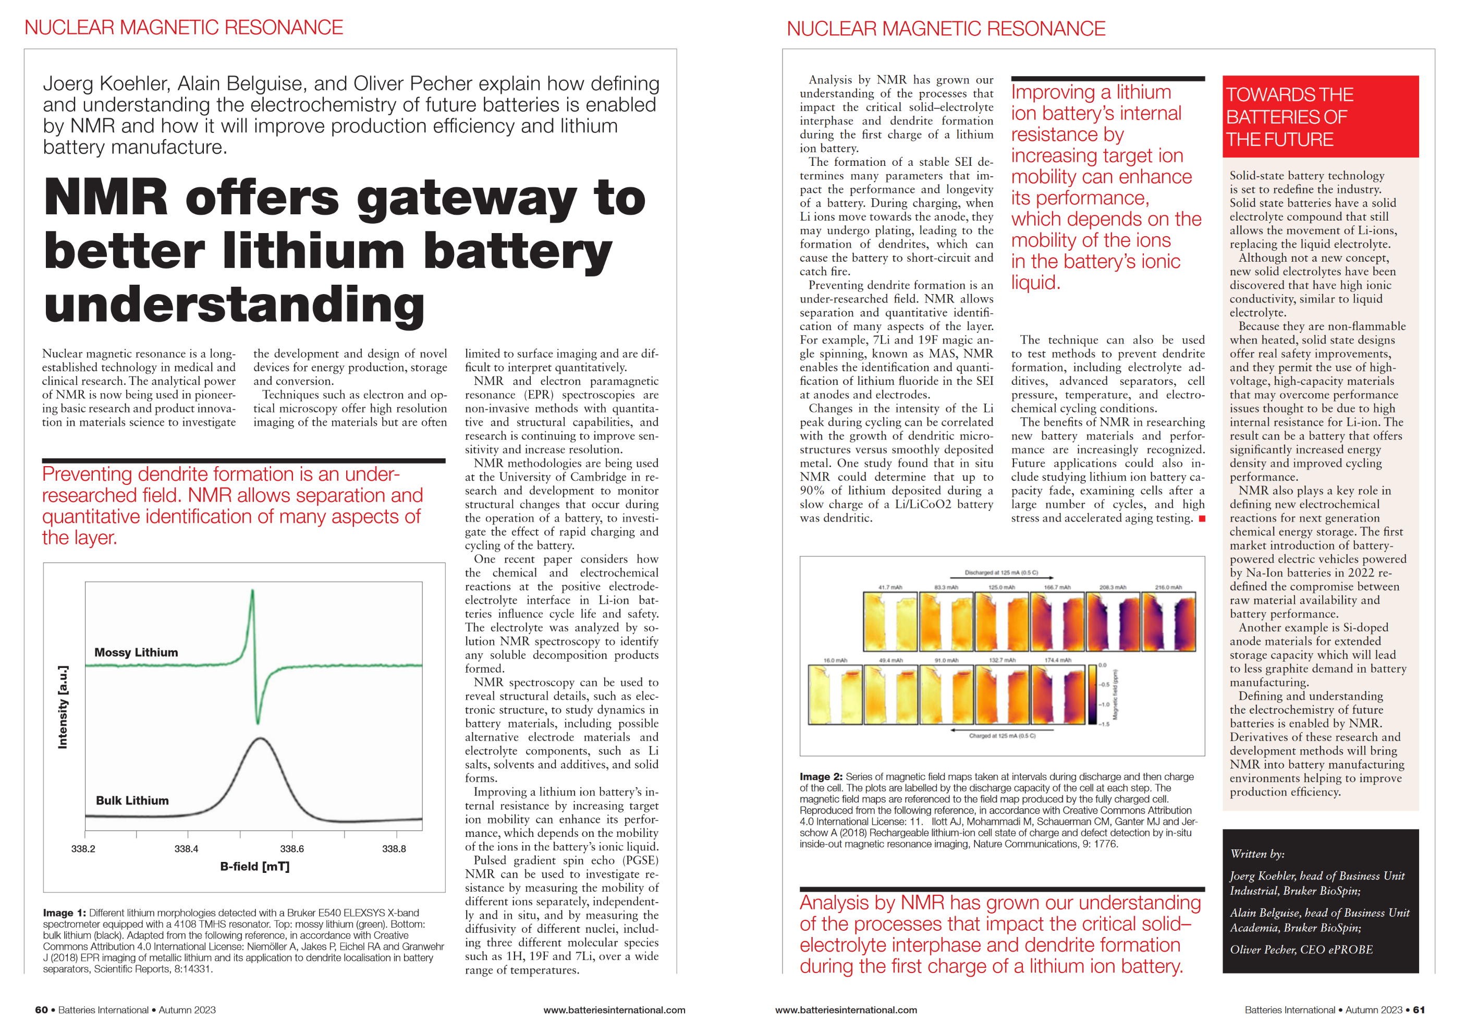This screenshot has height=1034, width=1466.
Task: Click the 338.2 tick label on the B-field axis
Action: (83, 849)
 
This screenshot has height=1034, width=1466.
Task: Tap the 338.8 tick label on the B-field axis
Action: (394, 849)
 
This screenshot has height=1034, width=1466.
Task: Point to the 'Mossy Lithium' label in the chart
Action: (136, 652)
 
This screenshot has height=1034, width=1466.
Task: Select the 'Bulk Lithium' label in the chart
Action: (132, 800)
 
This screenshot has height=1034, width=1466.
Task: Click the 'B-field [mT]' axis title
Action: (255, 867)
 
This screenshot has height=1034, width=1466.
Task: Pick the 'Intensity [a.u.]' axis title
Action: (63, 707)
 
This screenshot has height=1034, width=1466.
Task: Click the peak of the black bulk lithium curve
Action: (260, 739)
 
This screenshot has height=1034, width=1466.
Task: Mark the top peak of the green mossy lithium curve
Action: (252, 591)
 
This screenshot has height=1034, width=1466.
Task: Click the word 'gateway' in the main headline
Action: (466, 198)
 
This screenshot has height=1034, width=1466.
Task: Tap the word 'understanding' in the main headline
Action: (234, 305)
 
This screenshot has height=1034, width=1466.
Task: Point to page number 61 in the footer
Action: (1418, 1009)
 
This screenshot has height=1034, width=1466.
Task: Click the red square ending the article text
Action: (1202, 519)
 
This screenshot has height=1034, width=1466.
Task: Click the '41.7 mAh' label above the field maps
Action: (890, 587)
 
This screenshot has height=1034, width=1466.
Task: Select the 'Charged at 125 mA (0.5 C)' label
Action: (1002, 736)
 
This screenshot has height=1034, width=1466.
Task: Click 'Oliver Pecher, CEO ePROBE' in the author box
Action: (1301, 950)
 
